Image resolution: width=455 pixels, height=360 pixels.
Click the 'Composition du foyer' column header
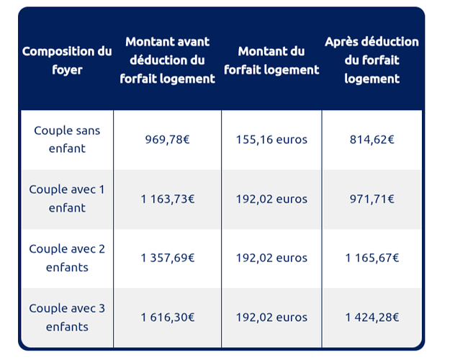(x=67, y=60)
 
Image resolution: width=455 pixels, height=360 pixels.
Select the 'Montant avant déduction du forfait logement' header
(x=168, y=60)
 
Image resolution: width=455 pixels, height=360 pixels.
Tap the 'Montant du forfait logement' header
(x=271, y=60)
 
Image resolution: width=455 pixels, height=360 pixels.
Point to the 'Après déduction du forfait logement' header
(x=371, y=60)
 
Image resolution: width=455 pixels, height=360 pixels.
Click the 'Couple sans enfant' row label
(x=67, y=140)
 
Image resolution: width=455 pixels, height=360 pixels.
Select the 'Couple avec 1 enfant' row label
(x=67, y=199)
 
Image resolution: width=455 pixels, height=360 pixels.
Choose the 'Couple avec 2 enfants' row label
(x=67, y=258)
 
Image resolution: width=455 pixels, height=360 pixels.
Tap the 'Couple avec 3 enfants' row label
(x=67, y=318)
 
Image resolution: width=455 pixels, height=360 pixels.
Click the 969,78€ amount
(x=168, y=140)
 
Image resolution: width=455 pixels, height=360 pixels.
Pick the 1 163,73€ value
(x=168, y=199)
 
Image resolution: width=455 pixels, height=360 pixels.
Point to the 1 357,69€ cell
(x=168, y=258)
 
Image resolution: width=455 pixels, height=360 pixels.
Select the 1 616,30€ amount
(x=168, y=318)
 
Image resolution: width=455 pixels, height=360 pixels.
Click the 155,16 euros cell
(x=271, y=140)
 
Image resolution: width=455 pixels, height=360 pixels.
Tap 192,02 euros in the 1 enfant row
(x=271, y=199)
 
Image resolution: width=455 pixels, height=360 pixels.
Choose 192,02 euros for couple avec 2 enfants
(x=271, y=258)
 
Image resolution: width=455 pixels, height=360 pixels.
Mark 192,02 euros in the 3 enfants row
(x=271, y=318)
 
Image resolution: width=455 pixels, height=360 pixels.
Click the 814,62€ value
(x=371, y=140)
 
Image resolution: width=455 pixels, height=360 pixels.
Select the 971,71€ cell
(x=371, y=199)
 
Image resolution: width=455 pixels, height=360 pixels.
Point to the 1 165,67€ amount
(x=371, y=258)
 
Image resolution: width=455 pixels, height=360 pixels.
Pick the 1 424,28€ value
(x=371, y=318)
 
